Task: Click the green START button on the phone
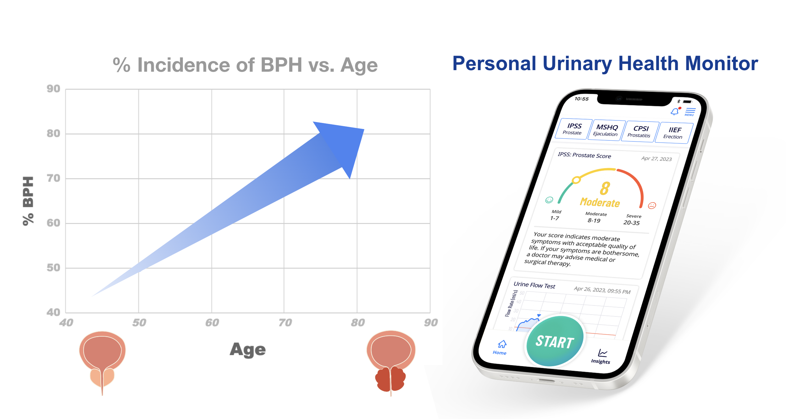(x=555, y=341)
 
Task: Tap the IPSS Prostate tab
(x=573, y=129)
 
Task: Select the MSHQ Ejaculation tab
(x=606, y=130)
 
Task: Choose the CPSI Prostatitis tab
(x=640, y=131)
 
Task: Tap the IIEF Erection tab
(x=673, y=133)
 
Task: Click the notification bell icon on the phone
(x=675, y=112)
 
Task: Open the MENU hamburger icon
(x=690, y=111)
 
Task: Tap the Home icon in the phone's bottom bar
(x=501, y=347)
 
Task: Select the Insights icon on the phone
(x=601, y=356)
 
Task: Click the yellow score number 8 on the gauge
(x=605, y=189)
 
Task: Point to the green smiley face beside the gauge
(x=549, y=200)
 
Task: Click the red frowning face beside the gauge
(x=652, y=206)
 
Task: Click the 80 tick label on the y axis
(x=53, y=134)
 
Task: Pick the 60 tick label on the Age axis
(x=212, y=323)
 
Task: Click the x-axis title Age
(x=248, y=349)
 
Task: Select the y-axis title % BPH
(x=28, y=201)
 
